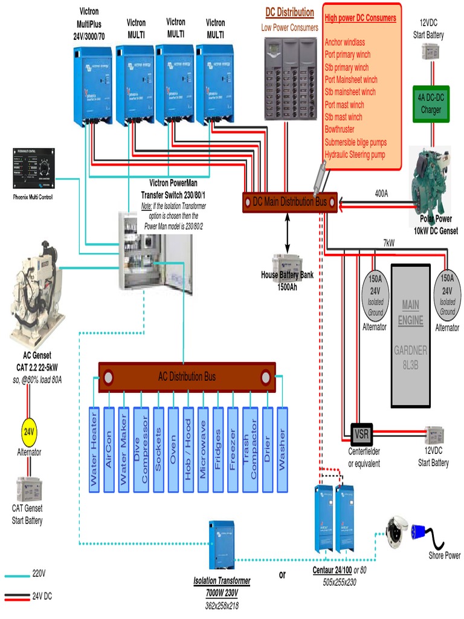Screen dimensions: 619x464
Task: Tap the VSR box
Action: [362, 433]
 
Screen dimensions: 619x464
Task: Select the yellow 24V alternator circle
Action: [29, 432]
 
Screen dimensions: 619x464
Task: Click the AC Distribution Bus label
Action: [187, 377]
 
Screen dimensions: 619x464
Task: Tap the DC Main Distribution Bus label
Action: [290, 202]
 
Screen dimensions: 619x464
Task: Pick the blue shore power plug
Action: [420, 532]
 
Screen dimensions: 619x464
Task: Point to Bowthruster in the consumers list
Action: [343, 129]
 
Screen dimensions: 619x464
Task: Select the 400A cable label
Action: [381, 193]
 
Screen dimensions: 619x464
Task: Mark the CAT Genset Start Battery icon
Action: [28, 488]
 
